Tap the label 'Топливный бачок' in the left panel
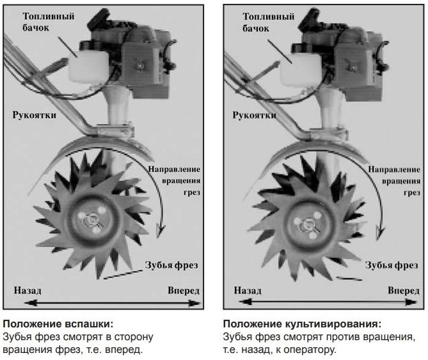(49, 22)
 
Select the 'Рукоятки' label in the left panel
(35, 115)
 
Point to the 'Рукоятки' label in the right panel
(255, 115)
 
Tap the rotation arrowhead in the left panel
(161, 230)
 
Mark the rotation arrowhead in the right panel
(380, 232)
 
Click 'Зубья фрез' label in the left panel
(171, 265)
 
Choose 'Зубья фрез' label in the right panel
(392, 265)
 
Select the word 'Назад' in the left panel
(28, 290)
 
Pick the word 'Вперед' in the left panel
(184, 290)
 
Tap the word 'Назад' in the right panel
(248, 291)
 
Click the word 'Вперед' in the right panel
(404, 291)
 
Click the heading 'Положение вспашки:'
(58, 324)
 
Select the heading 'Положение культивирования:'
(302, 324)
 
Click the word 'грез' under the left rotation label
(192, 192)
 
